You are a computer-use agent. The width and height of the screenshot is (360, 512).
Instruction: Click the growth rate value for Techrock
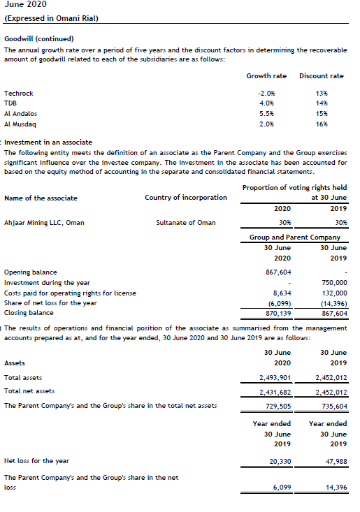tap(266, 93)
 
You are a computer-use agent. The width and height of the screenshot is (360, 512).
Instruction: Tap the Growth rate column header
tap(266, 75)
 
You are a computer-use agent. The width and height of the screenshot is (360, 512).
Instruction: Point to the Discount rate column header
tap(321, 75)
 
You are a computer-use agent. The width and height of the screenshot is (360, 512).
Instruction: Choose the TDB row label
tap(11, 103)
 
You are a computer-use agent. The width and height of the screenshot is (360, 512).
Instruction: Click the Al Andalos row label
tap(21, 113)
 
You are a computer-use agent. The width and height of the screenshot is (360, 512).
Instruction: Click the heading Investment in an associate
tap(48, 142)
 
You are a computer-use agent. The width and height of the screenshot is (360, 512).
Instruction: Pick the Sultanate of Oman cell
tap(186, 222)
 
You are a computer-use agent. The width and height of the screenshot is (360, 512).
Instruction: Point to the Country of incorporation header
tap(186, 198)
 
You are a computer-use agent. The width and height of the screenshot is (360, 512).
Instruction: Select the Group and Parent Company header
tap(295, 237)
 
